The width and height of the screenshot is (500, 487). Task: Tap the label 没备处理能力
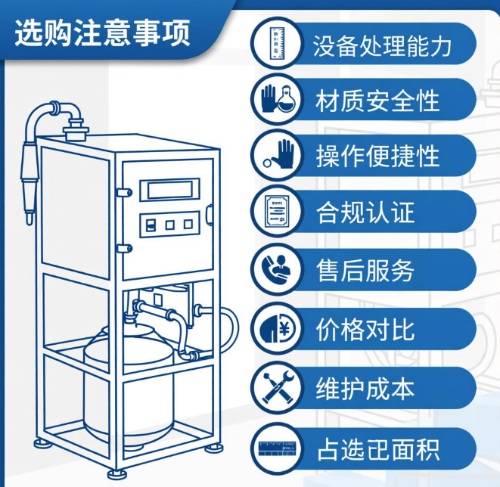pyautogui.click(x=382, y=45)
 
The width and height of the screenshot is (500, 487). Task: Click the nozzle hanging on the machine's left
pyautogui.click(x=31, y=178)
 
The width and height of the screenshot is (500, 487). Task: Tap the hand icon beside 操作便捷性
pyautogui.click(x=277, y=155)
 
